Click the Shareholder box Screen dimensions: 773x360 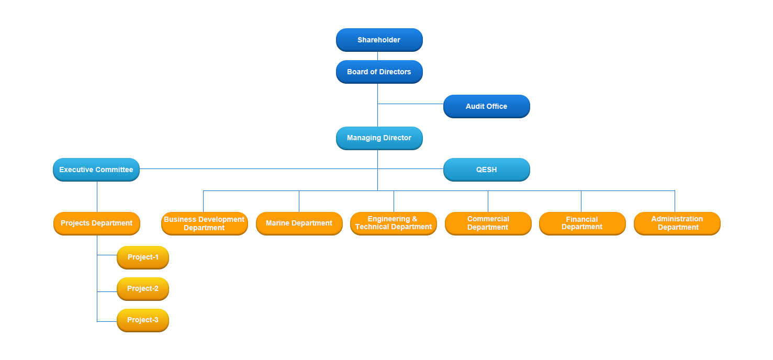(379, 40)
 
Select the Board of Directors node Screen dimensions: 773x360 (379, 72)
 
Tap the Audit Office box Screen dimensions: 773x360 (487, 106)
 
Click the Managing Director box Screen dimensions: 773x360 (379, 138)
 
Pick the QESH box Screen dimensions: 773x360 (487, 170)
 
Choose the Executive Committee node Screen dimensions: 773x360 (96, 170)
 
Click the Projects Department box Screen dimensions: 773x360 (97, 223)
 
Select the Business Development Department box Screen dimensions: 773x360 (204, 223)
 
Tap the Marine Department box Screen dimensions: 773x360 (299, 223)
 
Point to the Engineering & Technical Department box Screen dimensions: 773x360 (394, 223)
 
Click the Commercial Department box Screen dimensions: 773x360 (488, 223)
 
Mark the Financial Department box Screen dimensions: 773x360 (582, 223)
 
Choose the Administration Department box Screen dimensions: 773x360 (677, 223)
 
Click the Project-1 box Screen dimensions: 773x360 (143, 257)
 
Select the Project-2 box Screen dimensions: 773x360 (143, 289)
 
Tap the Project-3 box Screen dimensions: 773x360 (143, 320)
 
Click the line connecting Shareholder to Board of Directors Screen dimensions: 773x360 (377, 56)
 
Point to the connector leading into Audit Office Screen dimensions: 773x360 (411, 104)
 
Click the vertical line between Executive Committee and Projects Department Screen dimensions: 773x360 (97, 197)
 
